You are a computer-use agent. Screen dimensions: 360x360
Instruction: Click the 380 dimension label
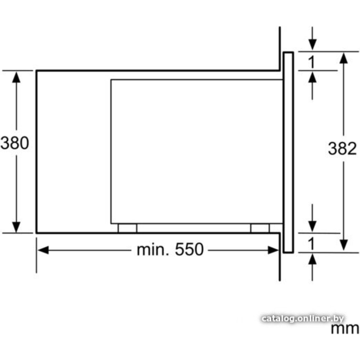point(15,143)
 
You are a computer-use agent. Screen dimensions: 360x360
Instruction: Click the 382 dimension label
point(342,148)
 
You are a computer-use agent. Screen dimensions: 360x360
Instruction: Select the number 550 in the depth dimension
point(189,249)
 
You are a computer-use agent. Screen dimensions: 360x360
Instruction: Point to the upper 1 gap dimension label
point(311,62)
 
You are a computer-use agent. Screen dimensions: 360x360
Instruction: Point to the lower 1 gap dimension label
point(311,244)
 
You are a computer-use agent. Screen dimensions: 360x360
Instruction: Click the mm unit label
point(345,329)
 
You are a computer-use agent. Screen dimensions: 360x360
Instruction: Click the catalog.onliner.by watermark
point(303,319)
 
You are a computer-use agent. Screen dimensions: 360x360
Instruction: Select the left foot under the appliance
point(127,228)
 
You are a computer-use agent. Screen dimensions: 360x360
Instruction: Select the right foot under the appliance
point(260,228)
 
